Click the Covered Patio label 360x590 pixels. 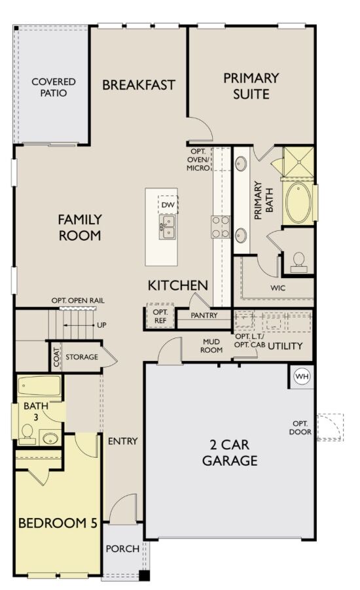tap(54, 88)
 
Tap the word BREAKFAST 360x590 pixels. tap(139, 85)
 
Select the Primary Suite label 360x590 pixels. tap(251, 86)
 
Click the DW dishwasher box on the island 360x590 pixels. tap(168, 205)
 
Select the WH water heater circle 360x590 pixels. tap(302, 376)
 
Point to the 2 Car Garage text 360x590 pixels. tap(229, 452)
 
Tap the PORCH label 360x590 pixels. tap(122, 548)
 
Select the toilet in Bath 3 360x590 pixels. tap(27, 432)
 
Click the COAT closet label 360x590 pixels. tap(56, 357)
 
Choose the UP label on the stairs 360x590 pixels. tap(101, 324)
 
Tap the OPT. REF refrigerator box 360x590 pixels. tap(160, 316)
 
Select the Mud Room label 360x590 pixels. tap(212, 345)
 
